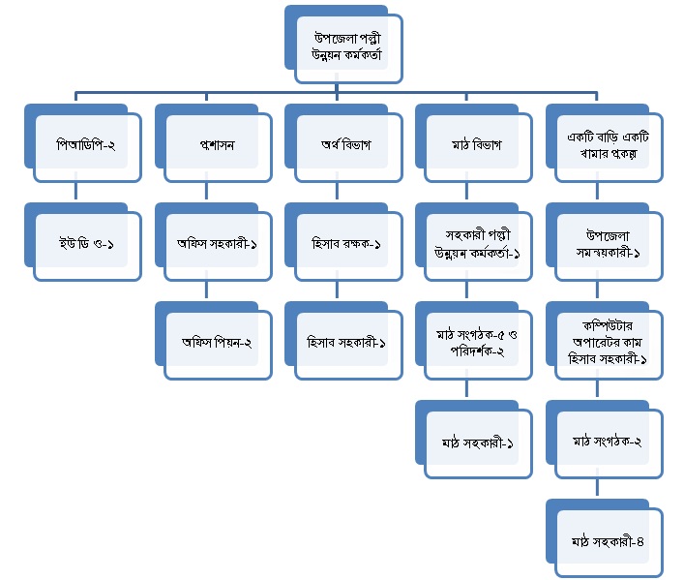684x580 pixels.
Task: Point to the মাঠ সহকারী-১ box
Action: coord(474,443)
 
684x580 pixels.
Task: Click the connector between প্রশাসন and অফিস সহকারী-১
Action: coord(207,193)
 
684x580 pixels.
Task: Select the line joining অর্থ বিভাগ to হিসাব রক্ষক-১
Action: coord(337,193)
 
